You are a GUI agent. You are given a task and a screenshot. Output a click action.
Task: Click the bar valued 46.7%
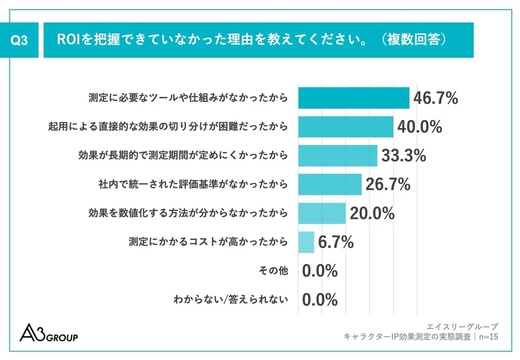click(353, 98)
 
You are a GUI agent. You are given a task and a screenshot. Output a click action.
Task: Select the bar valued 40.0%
click(345, 127)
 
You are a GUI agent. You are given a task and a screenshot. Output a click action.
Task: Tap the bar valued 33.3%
click(337, 156)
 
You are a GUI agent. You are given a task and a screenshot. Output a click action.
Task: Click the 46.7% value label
click(436, 98)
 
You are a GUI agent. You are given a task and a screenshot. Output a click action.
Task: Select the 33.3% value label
click(404, 156)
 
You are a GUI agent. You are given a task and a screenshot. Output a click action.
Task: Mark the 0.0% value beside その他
click(320, 271)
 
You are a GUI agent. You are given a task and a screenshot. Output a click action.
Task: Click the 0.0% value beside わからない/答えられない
click(320, 300)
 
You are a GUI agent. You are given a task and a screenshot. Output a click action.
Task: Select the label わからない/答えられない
click(231, 300)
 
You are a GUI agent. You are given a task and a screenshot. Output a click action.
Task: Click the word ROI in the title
click(67, 40)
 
